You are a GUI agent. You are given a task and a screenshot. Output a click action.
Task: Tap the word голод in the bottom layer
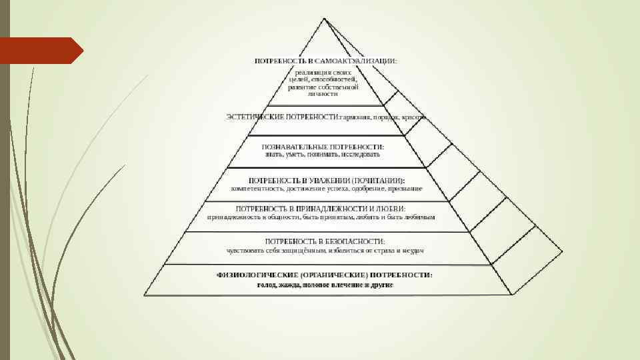(267, 285)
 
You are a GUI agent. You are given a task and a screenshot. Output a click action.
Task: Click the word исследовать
(360, 155)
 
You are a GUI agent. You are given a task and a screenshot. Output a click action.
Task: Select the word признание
(406, 189)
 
